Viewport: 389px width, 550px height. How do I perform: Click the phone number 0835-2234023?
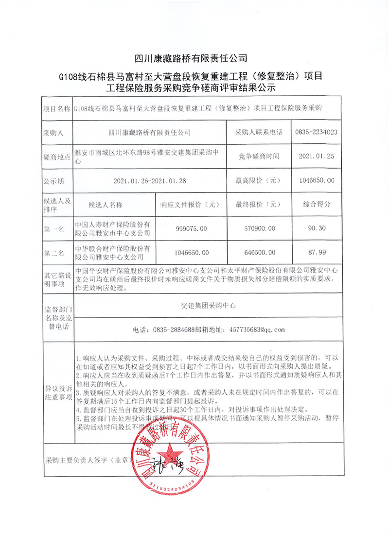pyautogui.click(x=317, y=132)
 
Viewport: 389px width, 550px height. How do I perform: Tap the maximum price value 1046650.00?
pyautogui.click(x=317, y=180)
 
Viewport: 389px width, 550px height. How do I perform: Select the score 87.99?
pyautogui.click(x=317, y=252)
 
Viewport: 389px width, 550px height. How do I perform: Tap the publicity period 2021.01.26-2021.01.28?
pyautogui.click(x=150, y=180)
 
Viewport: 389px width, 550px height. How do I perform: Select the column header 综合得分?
pyautogui.click(x=317, y=204)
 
